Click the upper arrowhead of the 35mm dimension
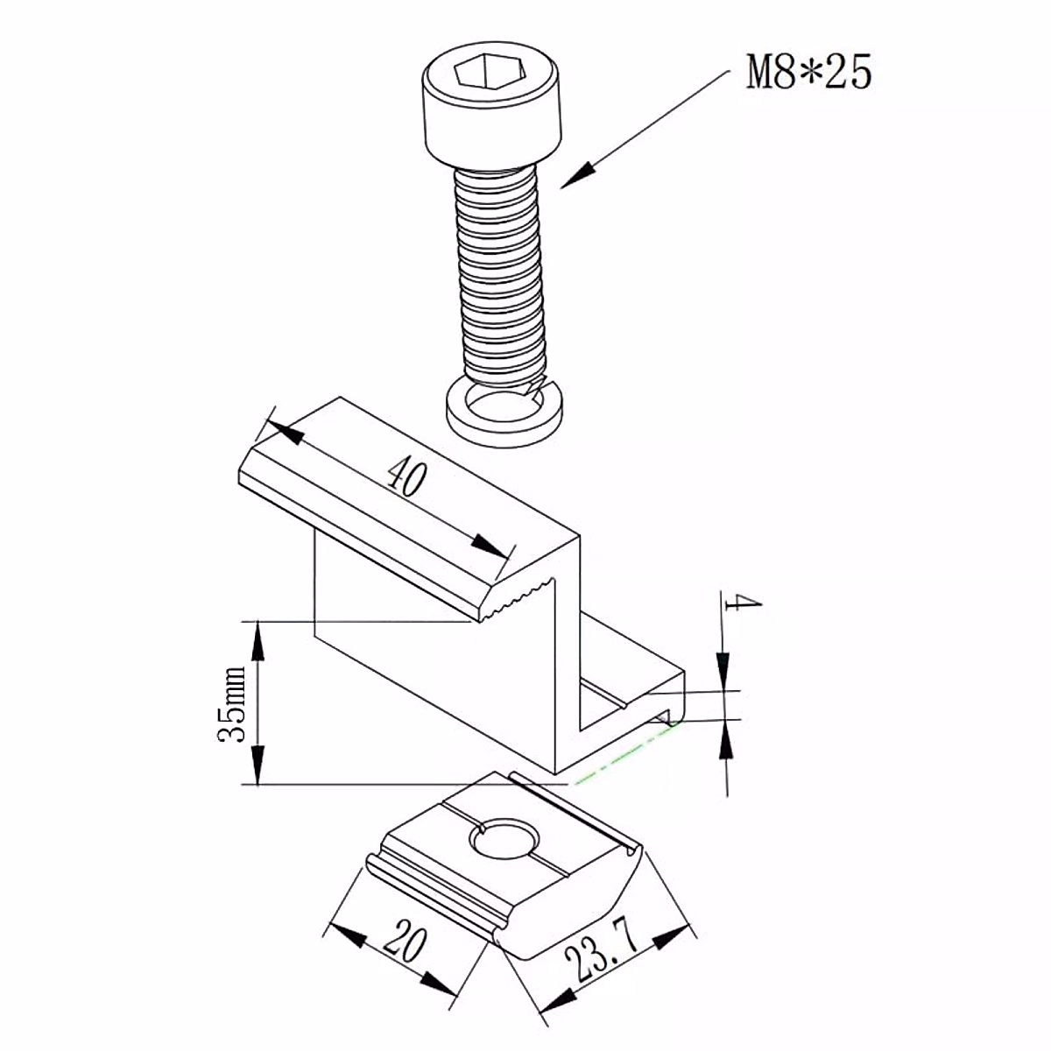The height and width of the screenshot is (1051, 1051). point(257,639)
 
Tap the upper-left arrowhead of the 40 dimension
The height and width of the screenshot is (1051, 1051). point(280,430)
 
